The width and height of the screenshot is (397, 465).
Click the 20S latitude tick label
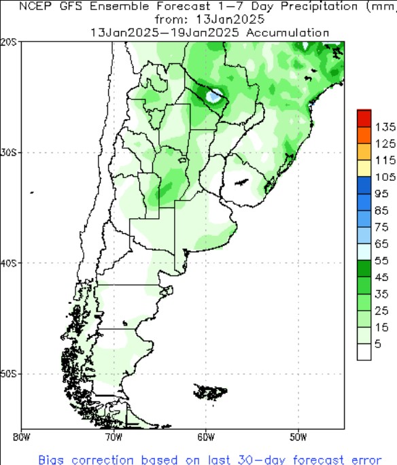pyautogui.click(x=10, y=41)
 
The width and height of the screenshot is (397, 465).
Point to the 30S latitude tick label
pyautogui.click(x=10, y=152)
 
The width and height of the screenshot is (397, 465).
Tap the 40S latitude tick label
pyautogui.click(x=10, y=262)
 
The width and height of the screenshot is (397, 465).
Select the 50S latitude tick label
pyautogui.click(x=10, y=374)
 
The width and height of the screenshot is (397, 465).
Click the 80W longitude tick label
pyautogui.click(x=22, y=436)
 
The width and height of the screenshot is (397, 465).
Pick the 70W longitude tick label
pyautogui.click(x=114, y=436)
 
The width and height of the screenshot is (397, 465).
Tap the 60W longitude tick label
pyautogui.click(x=206, y=436)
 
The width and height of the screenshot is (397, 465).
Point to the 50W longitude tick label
pyautogui.click(x=298, y=436)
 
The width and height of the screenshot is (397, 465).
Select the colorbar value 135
pyautogui.click(x=385, y=127)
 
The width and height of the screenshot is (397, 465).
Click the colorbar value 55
pyautogui.click(x=385, y=260)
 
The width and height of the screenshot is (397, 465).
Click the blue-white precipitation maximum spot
pyautogui.click(x=215, y=96)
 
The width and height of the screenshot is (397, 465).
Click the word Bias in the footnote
pyautogui.click(x=52, y=459)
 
